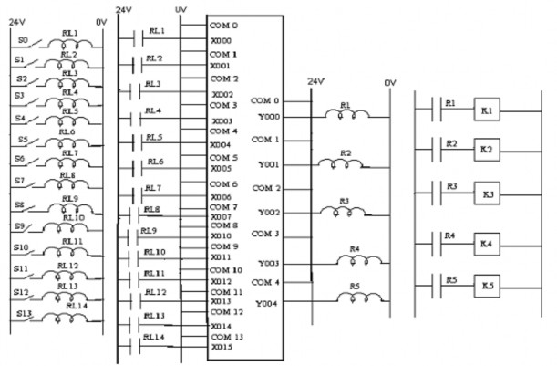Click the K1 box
(x=487, y=110)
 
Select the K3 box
(x=487, y=194)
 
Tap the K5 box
(x=487, y=286)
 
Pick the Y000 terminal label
(x=267, y=116)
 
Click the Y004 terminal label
(x=267, y=302)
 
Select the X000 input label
(x=221, y=40)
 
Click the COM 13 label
(x=224, y=337)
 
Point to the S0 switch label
(x=24, y=41)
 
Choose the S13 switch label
(x=25, y=313)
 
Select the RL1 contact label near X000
(x=155, y=31)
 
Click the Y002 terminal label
(x=267, y=211)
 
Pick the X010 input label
(x=221, y=235)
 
